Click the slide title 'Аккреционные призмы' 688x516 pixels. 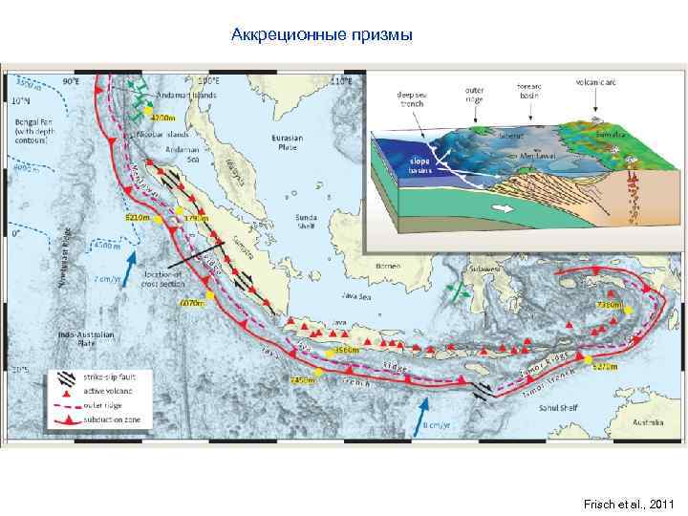point(322,36)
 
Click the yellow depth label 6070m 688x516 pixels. point(192,304)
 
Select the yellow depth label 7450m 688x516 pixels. point(303,380)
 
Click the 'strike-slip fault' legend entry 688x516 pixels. point(104,377)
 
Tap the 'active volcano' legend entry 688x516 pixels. point(104,392)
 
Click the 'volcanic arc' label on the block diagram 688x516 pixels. point(593,82)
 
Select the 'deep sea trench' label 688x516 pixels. point(412,99)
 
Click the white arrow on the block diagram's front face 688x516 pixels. point(496,206)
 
